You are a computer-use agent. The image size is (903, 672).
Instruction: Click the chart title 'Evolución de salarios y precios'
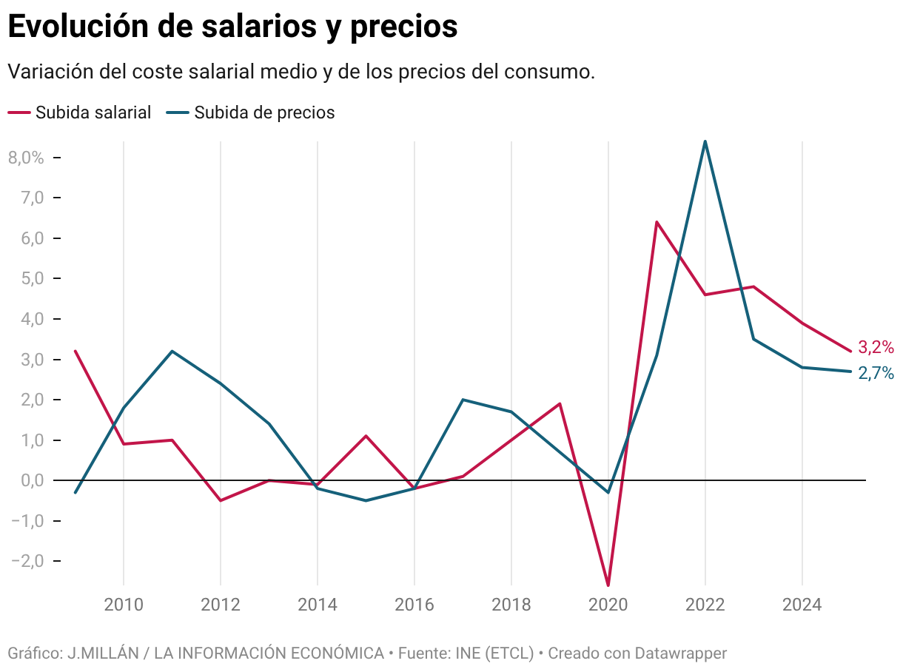(232, 27)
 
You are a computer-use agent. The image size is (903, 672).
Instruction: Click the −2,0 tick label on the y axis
(27, 561)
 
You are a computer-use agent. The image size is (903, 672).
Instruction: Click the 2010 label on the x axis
(124, 605)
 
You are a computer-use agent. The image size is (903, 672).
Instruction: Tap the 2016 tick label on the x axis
(414, 605)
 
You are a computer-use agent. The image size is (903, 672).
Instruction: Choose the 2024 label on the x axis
(802, 605)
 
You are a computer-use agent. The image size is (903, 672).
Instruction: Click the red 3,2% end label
(876, 347)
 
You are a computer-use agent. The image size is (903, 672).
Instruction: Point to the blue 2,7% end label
(876, 373)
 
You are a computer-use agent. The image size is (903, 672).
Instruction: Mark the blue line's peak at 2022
(705, 141)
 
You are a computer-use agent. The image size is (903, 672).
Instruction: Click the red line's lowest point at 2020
(608, 585)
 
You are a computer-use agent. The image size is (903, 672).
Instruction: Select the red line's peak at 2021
(657, 222)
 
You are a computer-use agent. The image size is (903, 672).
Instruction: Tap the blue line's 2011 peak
(172, 352)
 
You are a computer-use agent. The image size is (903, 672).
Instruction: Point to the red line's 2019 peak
(560, 404)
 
